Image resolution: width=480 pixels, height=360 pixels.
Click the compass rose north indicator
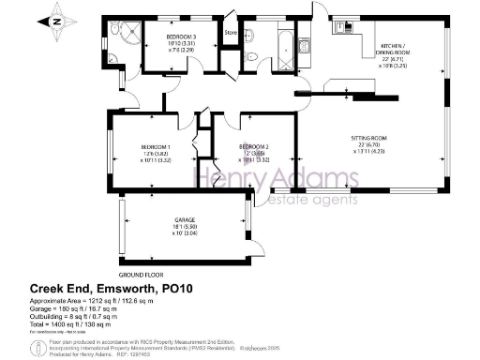coord(57,19)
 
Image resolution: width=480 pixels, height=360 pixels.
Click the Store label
coord(230,35)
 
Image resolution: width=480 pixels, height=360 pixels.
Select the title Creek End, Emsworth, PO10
coord(110,290)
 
